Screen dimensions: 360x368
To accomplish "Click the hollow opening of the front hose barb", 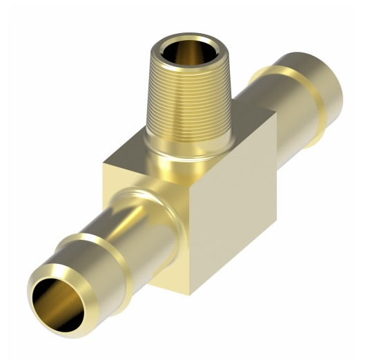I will [x=55, y=301].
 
